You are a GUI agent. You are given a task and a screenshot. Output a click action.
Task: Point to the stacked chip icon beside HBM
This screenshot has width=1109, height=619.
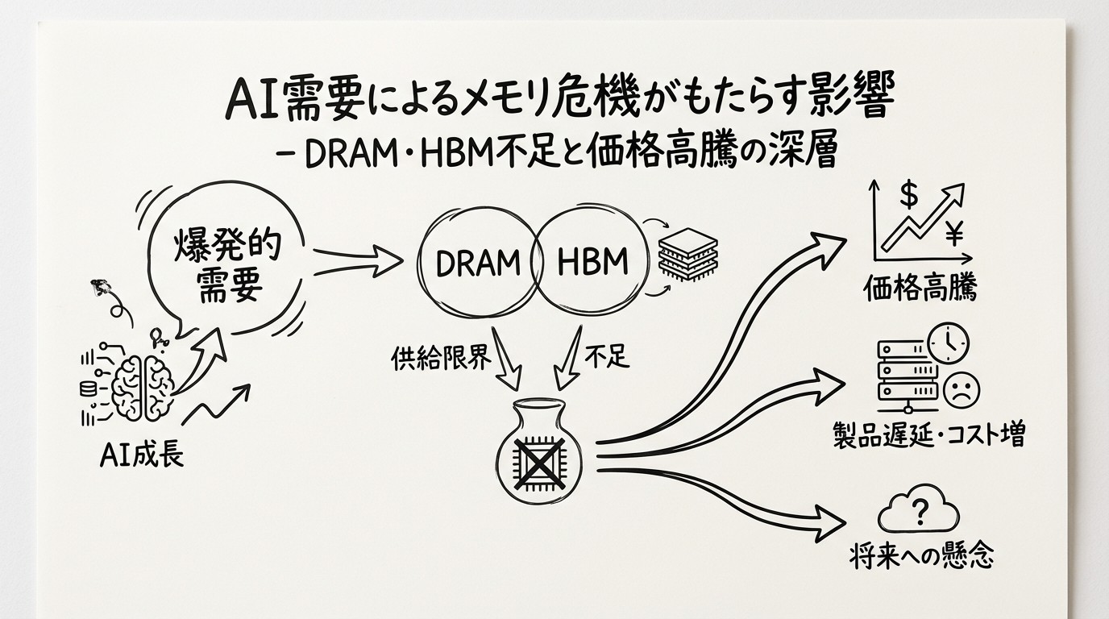click(x=687, y=255)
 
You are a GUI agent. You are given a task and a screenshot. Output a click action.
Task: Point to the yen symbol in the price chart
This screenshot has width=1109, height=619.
click(x=954, y=235)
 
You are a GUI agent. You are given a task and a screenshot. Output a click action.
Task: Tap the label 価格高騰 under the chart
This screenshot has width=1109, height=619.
click(x=920, y=288)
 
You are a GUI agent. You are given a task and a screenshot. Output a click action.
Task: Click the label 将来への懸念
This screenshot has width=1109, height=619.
click(x=922, y=556)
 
